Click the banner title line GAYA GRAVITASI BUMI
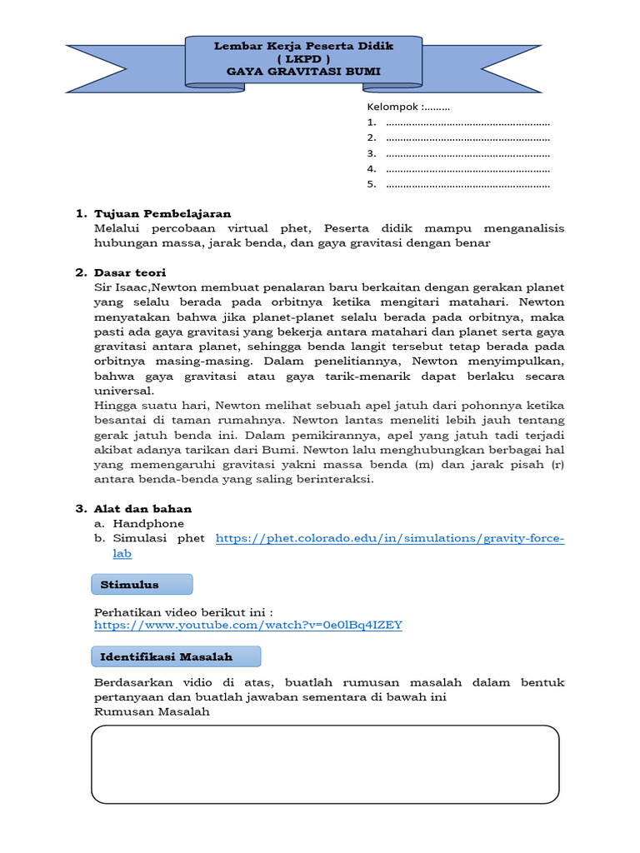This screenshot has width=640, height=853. click(x=303, y=72)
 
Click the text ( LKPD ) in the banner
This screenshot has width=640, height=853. click(x=303, y=59)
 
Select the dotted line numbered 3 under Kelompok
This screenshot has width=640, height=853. click(x=468, y=153)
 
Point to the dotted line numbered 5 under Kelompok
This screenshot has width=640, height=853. click(x=468, y=184)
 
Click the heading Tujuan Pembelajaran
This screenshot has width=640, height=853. click(x=162, y=213)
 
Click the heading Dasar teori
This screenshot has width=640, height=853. click(x=130, y=272)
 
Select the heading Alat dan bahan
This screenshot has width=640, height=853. click(x=142, y=508)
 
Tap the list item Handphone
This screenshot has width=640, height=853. click(x=148, y=523)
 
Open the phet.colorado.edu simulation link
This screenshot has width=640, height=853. click(x=389, y=539)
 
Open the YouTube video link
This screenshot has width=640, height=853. click(x=248, y=625)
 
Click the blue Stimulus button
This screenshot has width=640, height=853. click(x=141, y=585)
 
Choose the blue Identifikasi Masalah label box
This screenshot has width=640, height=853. click(x=175, y=657)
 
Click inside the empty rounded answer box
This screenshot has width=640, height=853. click(x=324, y=764)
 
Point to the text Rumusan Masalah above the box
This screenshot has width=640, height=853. click(x=152, y=712)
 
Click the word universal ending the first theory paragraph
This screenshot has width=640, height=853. click(x=123, y=390)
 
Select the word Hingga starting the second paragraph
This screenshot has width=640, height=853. click(x=114, y=405)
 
